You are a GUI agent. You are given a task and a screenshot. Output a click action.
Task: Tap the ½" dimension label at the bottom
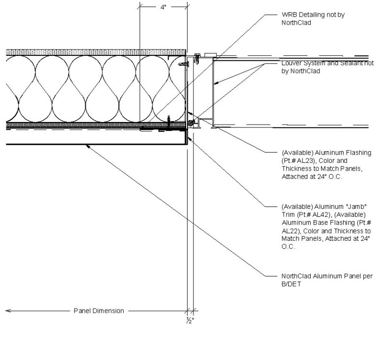point(189,320)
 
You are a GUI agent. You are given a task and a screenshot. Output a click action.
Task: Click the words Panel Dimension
point(99,310)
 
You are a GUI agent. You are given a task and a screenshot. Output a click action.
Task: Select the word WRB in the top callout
point(289,15)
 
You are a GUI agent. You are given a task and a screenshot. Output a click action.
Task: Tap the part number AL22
point(289,230)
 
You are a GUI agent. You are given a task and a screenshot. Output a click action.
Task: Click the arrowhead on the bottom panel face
point(87,146)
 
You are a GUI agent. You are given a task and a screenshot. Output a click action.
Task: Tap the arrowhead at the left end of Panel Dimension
point(7,310)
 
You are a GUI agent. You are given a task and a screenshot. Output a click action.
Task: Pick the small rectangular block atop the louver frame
point(211,53)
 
